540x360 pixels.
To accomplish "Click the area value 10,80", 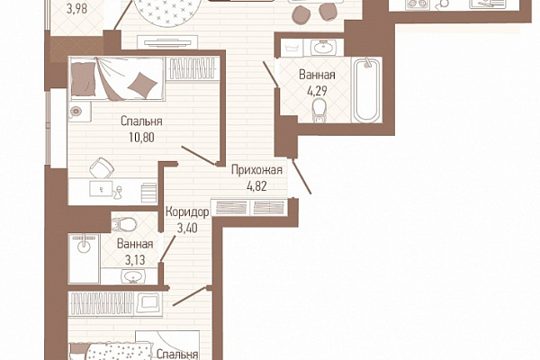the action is (141, 138).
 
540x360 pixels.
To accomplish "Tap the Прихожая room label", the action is (256, 170).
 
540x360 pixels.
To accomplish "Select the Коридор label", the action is (187, 211).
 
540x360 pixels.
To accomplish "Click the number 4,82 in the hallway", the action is (256, 186).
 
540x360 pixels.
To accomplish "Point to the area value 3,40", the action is (187, 228).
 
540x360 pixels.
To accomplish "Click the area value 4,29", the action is (317, 91).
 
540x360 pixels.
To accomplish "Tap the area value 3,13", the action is (135, 260).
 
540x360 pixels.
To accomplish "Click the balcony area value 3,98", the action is (76, 9).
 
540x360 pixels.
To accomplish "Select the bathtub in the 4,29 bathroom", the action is (367, 90).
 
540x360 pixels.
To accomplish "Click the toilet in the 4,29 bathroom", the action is (319, 111).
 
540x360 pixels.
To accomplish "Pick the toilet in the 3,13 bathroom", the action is (124, 224).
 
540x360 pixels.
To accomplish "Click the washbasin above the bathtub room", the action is (323, 48).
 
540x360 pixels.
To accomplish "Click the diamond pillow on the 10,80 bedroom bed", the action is (142, 84).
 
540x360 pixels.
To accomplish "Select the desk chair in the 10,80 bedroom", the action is (102, 167).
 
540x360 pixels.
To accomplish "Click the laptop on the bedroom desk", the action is (101, 189).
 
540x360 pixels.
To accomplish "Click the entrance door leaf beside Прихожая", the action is (301, 176).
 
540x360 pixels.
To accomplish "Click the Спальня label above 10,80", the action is (141, 121).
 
